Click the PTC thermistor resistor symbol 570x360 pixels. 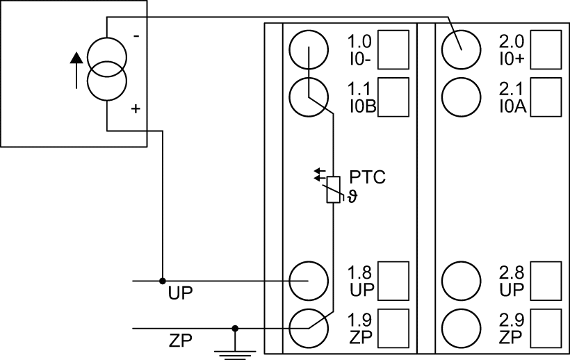point(334,190)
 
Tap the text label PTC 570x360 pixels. point(367,177)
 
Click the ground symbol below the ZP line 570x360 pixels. point(235,354)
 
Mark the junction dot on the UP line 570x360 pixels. point(163,281)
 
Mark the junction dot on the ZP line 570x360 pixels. point(235,329)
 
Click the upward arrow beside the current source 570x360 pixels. point(76,70)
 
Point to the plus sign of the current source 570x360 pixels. point(136,108)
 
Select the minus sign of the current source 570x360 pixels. point(136,36)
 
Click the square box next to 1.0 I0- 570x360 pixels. point(393,50)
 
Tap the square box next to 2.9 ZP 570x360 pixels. point(546,329)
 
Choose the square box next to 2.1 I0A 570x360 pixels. point(546,97)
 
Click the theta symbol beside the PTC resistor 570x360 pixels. point(352,197)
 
